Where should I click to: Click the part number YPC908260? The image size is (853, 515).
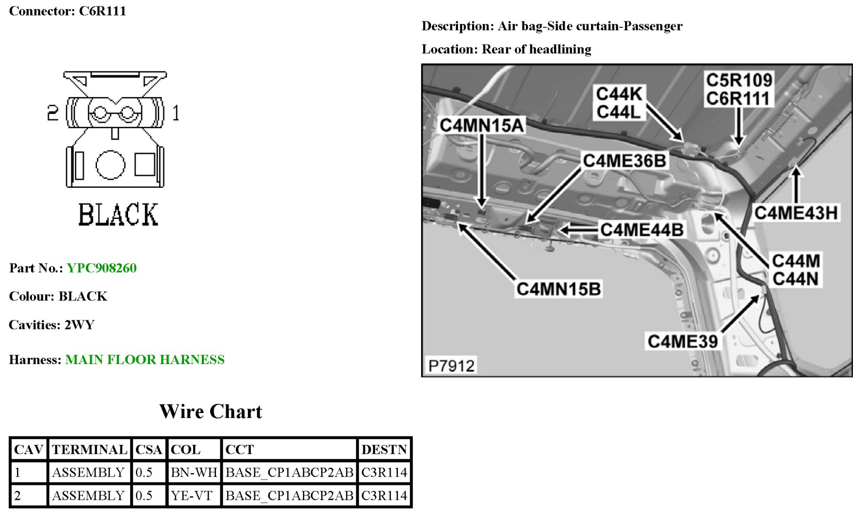tap(101, 268)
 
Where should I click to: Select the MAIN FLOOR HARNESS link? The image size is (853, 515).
tap(145, 360)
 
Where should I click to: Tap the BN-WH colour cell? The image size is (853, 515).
tap(194, 472)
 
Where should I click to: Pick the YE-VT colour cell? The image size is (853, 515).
tap(192, 496)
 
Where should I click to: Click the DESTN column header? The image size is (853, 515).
tap(384, 449)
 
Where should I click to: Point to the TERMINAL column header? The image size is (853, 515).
tap(89, 449)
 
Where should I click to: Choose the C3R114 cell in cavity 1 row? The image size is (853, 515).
tap(384, 472)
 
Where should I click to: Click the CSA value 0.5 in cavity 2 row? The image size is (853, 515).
tap(144, 496)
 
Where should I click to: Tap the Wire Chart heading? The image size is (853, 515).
tap(211, 412)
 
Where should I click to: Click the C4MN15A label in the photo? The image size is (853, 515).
tap(481, 126)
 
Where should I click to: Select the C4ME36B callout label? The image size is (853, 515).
tap(624, 161)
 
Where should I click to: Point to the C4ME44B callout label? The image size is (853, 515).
tap(641, 230)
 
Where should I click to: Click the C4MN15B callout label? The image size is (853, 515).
tap(558, 289)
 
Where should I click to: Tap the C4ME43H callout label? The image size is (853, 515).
tap(796, 213)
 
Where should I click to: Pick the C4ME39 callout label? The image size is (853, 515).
tap(682, 342)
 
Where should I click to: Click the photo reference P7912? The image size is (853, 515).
tap(451, 365)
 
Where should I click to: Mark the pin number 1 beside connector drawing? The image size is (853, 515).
tap(176, 114)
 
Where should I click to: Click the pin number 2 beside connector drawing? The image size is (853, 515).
tap(52, 113)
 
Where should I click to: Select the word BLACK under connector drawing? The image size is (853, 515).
tap(118, 215)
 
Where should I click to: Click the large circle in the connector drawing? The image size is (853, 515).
tap(110, 165)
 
